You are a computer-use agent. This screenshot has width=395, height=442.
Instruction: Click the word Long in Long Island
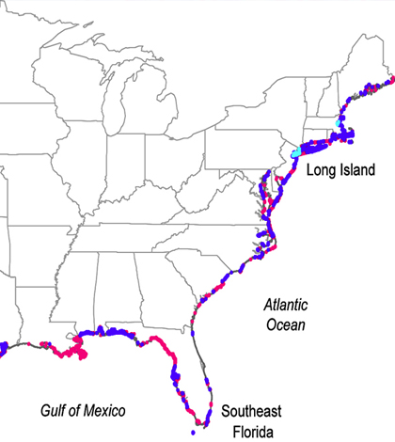point(324,170)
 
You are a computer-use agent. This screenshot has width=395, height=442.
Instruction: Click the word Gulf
point(55,411)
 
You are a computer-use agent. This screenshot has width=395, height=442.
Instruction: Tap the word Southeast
point(249,412)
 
